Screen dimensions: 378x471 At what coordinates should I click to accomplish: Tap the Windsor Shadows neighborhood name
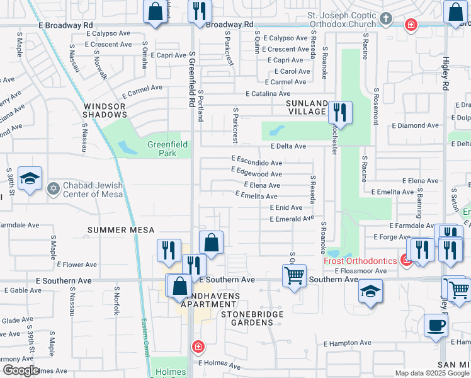(x=105, y=110)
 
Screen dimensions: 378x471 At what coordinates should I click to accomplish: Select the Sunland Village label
(x=307, y=107)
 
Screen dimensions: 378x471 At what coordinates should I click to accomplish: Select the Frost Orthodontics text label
(x=360, y=261)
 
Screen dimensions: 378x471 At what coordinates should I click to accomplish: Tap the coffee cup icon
(x=435, y=326)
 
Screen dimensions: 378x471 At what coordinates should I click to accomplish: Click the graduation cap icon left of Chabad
(x=30, y=179)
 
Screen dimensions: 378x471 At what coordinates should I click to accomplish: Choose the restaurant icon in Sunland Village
(x=339, y=113)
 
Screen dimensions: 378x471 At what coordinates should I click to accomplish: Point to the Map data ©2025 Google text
(x=431, y=373)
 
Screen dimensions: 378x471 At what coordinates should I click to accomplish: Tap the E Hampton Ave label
(x=348, y=343)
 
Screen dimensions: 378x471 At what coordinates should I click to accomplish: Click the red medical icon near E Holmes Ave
(x=198, y=346)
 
